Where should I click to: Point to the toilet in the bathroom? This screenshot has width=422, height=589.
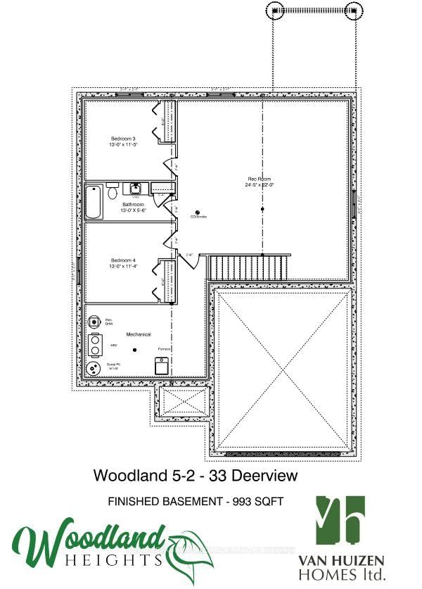(113, 192)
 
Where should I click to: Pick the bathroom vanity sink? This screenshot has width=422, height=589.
(135, 188)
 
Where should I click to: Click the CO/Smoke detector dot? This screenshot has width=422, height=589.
(198, 213)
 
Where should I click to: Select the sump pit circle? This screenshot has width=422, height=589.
(93, 368)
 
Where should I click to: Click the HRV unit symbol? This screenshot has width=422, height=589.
(95, 346)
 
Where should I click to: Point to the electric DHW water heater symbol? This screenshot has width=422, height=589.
(94, 322)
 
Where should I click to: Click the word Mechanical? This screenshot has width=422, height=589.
(139, 334)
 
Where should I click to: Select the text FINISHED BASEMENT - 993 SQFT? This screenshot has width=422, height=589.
(196, 502)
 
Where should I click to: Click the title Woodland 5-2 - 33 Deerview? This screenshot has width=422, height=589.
(196, 476)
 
